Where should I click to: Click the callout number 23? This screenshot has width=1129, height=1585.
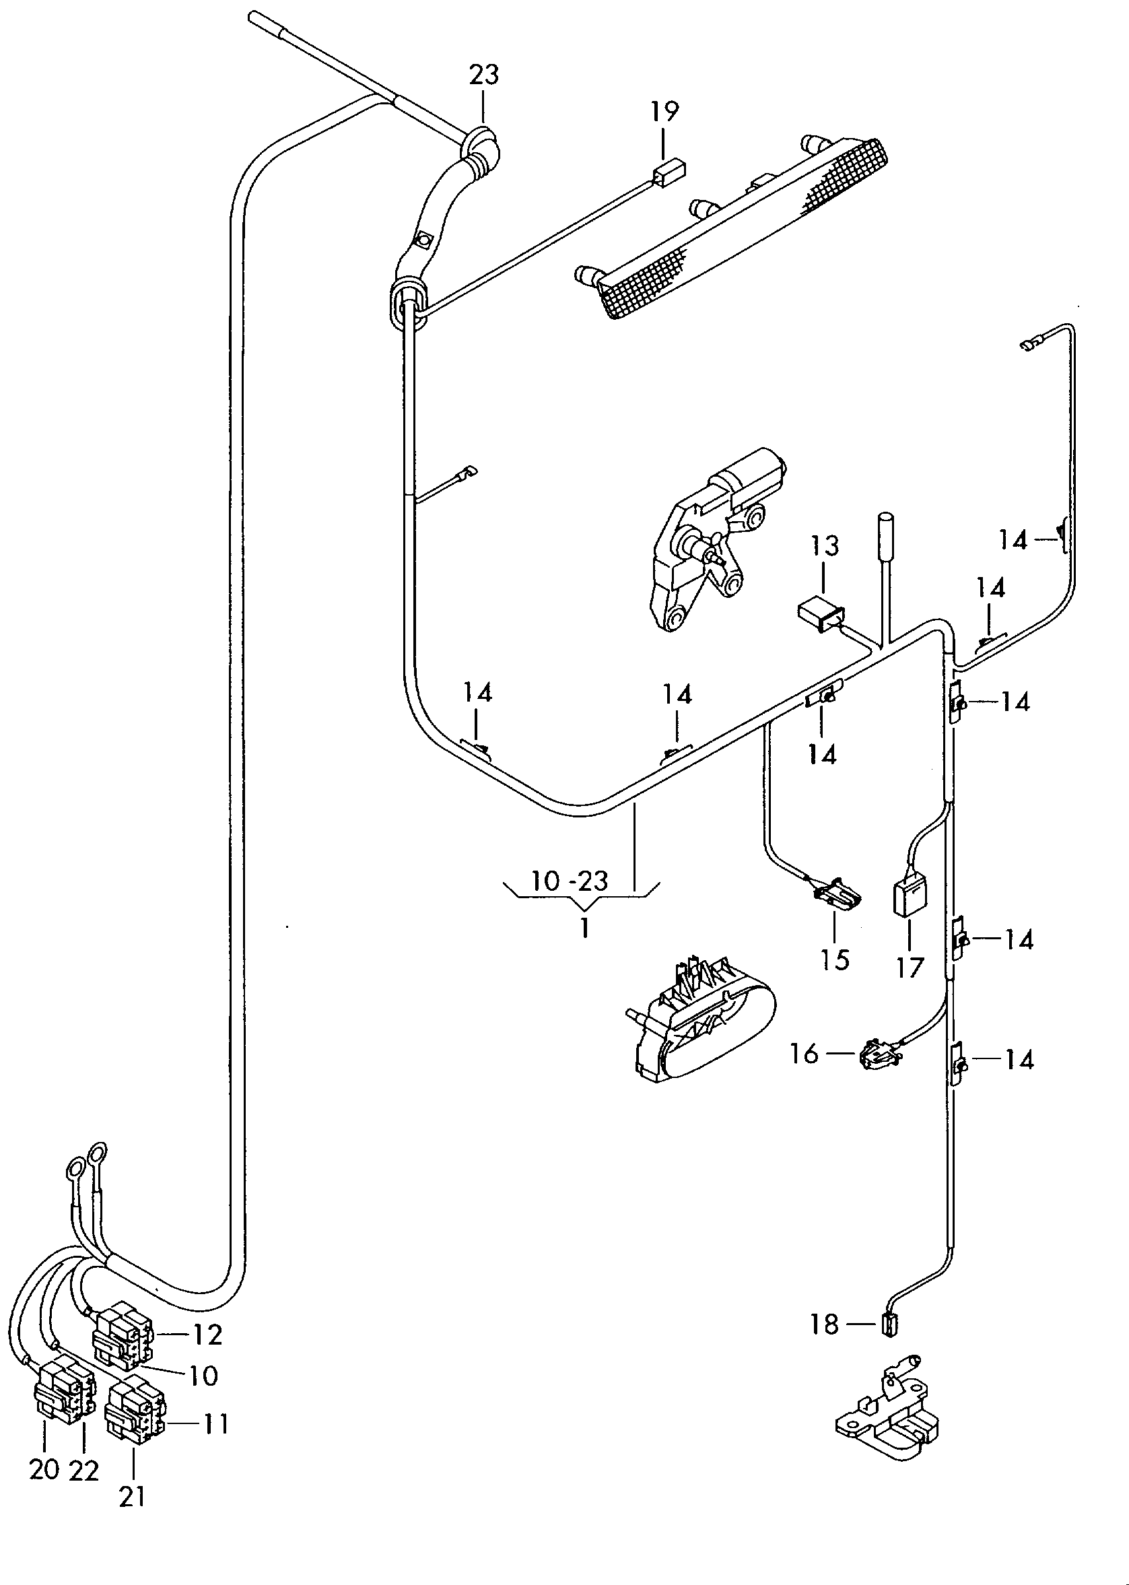coord(484,74)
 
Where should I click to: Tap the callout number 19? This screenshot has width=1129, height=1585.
coord(664,110)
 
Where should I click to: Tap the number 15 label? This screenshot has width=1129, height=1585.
coord(834,960)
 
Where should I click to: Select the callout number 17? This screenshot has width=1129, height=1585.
coord(910,968)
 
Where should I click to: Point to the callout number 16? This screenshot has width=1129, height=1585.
coord(804,1054)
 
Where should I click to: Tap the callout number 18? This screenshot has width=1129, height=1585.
coord(825,1324)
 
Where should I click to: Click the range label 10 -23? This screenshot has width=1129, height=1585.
coord(570,881)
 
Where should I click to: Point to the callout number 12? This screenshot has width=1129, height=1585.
coord(207,1334)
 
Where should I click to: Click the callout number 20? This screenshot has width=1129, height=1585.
coord(44,1471)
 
